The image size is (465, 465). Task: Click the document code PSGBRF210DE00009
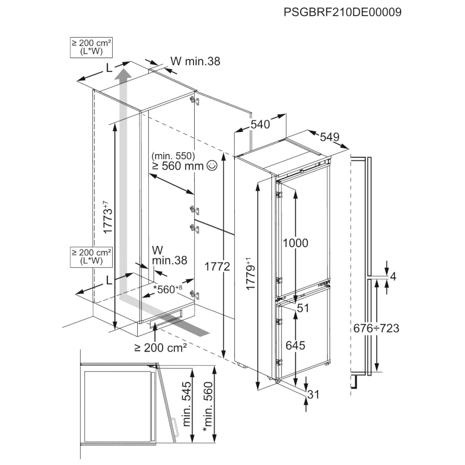coord(343,11)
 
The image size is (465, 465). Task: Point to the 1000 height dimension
coord(296,242)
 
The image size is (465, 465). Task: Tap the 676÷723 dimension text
coord(376,328)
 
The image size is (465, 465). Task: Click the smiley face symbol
coord(212,166)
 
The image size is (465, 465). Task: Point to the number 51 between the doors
coord(302,309)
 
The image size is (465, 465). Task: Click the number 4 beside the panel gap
coord(393,276)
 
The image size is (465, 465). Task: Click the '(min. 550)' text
coord(173,156)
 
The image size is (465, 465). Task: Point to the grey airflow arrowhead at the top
coord(122,74)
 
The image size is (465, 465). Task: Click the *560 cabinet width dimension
coord(167,288)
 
